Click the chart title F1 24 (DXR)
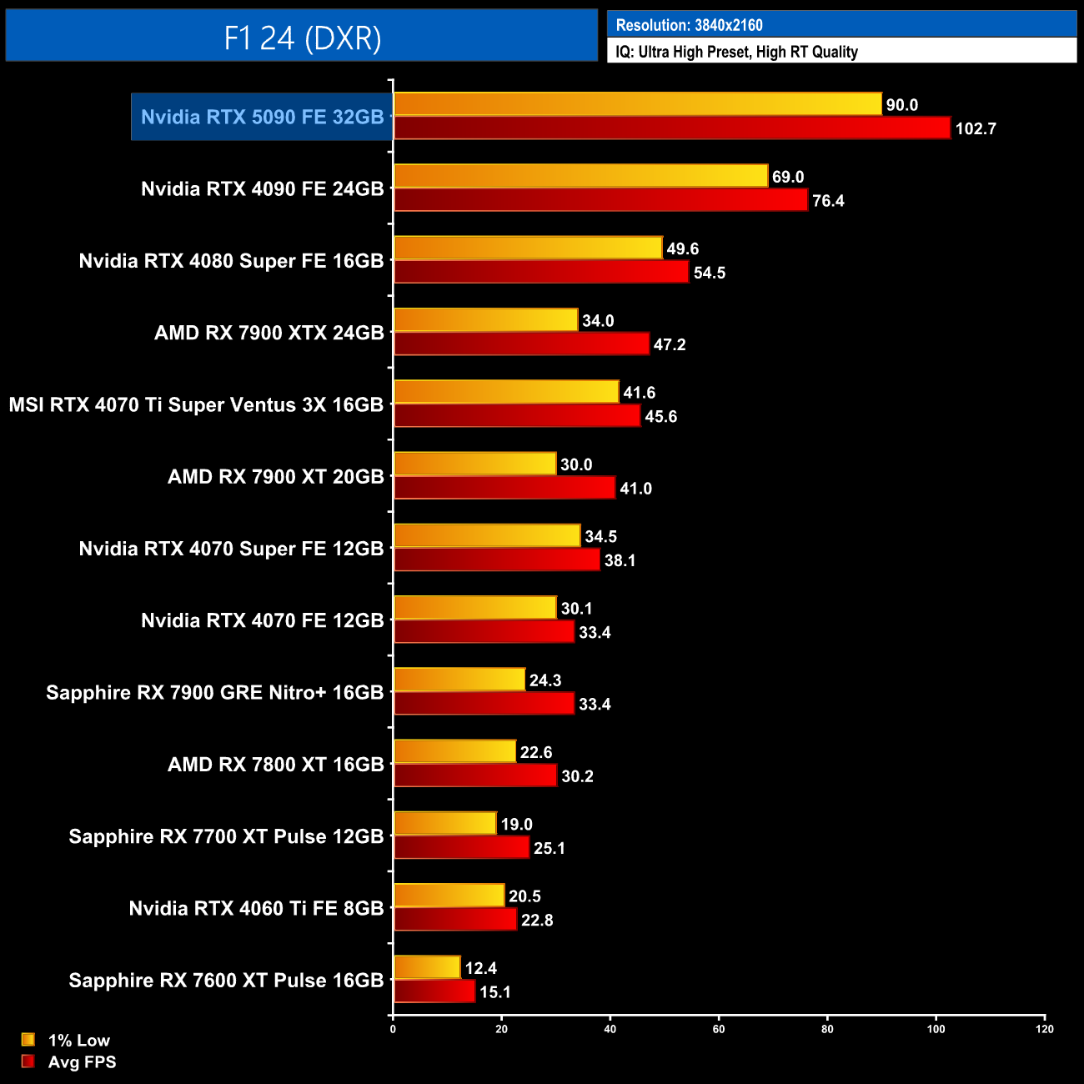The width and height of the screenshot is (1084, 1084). coord(302,38)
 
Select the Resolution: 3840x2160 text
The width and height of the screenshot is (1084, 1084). coord(689,25)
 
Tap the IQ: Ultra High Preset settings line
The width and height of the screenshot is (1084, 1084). coord(736,52)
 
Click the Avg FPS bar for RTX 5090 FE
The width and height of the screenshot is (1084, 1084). coord(671,128)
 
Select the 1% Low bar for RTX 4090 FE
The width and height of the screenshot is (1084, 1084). coord(580,176)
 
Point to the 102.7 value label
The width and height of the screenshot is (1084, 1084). coord(976,129)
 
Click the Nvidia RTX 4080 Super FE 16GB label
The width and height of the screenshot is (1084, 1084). coord(231,261)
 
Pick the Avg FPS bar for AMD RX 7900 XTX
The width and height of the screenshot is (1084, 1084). coord(521,344)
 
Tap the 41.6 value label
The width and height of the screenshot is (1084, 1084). coord(639,393)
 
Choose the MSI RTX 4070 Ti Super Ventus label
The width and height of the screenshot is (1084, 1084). coord(196,405)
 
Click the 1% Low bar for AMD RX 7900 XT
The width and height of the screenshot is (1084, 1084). coord(474,464)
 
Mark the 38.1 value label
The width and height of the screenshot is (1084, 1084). coord(620,560)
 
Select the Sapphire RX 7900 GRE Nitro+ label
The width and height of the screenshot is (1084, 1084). coord(214,693)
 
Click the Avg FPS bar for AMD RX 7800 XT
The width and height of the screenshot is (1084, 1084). coord(475,775)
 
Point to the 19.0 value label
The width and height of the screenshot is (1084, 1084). coord(516,825)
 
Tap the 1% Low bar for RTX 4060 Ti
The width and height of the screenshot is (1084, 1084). coord(449,896)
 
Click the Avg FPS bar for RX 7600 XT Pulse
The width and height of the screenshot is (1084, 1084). coord(434,991)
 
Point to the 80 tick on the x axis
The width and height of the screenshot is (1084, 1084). coord(827,1029)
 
